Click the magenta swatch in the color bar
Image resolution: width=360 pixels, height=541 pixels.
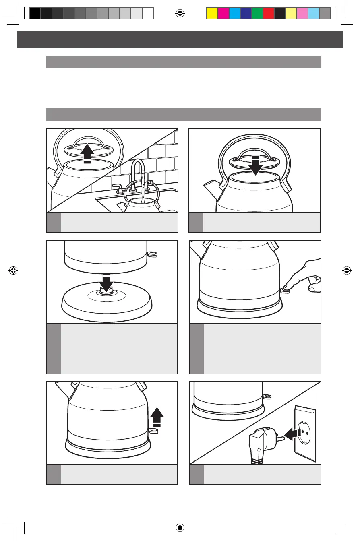[223, 13]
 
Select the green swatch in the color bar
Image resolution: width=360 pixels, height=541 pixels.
[257, 13]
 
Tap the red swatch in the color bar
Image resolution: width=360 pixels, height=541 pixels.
[268, 13]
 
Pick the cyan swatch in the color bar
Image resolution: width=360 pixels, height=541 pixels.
[234, 13]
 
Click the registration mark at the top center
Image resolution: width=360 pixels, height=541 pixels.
[180, 13]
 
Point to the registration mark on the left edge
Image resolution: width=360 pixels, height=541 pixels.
[13, 270]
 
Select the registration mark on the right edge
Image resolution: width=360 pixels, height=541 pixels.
[346, 270]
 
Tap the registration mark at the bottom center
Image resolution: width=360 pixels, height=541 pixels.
[180, 528]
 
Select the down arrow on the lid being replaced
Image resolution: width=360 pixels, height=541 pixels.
[254, 167]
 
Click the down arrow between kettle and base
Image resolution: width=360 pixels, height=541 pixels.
[107, 282]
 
